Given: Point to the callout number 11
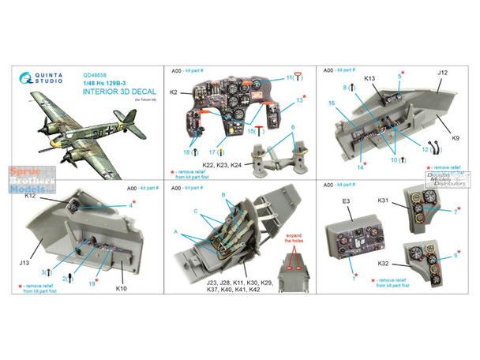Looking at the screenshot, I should tap(290, 75).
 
